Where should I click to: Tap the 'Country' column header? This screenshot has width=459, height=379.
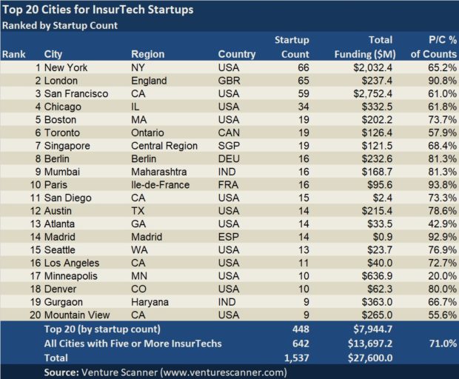(237, 54)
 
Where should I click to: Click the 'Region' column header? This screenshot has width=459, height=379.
(148, 54)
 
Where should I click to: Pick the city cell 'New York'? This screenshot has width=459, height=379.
(66, 67)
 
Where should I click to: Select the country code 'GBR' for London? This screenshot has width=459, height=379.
(229, 81)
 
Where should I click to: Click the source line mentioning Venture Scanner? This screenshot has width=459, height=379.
(165, 371)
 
